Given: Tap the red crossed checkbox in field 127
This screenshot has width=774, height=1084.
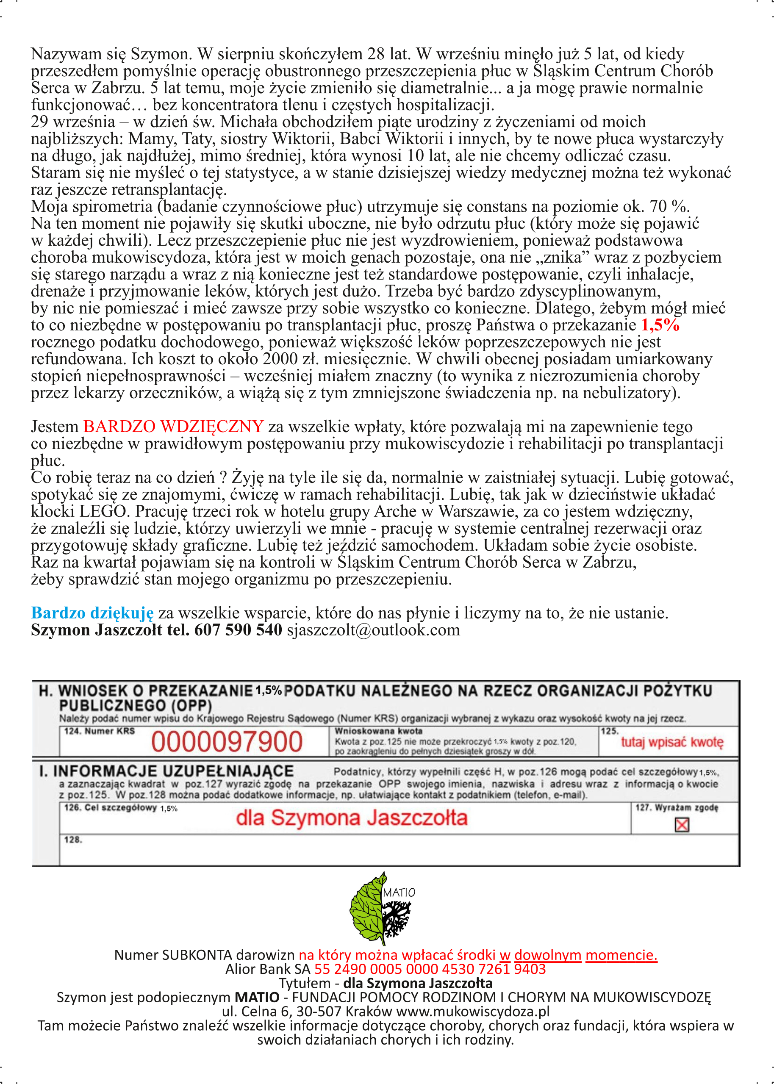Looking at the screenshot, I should (682, 825).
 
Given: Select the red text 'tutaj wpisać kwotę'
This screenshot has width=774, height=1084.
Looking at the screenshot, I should (671, 742).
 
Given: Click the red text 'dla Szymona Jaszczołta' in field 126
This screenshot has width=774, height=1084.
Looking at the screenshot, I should (352, 818).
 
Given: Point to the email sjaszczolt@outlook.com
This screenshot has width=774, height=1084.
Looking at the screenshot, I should (373, 630).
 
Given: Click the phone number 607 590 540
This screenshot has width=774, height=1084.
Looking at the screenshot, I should (238, 630).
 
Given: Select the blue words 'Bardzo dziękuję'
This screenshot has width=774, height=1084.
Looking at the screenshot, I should (92, 613).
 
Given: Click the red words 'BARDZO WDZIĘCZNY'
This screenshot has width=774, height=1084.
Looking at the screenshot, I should (174, 427).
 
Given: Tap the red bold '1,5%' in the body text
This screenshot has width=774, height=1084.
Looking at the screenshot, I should (660, 325).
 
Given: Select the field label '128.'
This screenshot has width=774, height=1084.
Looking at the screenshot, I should (73, 840).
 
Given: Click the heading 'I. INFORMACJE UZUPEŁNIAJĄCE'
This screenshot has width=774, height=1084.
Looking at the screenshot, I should (166, 771).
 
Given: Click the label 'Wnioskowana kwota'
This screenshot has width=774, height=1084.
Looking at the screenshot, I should (378, 731).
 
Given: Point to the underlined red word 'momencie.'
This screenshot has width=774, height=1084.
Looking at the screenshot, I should (621, 955).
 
